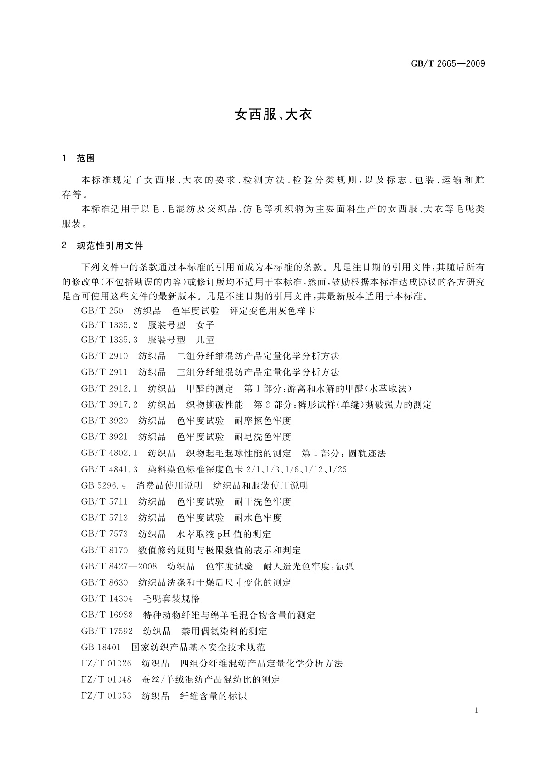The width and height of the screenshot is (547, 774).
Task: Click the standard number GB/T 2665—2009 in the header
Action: [x=447, y=63]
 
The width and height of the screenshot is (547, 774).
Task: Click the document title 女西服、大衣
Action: [x=273, y=114]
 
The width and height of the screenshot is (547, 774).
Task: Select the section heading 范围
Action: [x=86, y=159]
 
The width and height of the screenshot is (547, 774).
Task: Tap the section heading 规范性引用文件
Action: [x=110, y=246]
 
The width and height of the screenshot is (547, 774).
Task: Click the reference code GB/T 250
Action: [x=102, y=311]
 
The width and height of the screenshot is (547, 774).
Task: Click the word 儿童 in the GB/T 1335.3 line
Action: [x=205, y=340]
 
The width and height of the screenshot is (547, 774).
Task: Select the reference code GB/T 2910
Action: [x=104, y=356]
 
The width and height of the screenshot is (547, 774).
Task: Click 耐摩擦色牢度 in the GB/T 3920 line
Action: [x=263, y=421]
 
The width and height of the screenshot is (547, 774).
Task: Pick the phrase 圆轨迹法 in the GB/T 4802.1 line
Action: [x=367, y=454]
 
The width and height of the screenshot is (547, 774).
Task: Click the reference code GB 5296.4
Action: [x=103, y=486]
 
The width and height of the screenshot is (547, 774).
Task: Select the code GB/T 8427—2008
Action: [x=119, y=567]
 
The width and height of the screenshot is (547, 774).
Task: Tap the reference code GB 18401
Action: [x=101, y=648]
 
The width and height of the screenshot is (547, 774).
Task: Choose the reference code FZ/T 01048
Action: [x=106, y=680]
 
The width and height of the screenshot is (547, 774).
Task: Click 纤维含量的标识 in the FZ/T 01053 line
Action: [x=213, y=696]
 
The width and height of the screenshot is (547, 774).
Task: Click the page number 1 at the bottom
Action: [x=477, y=711]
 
